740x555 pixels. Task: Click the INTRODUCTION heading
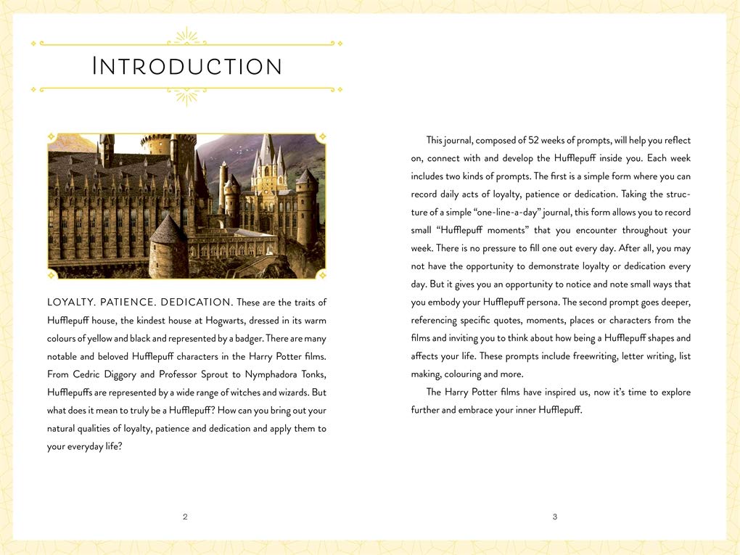pos(187,67)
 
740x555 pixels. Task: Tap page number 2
pos(185,517)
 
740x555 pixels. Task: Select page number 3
pos(555,517)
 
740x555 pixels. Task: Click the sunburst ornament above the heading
pos(187,36)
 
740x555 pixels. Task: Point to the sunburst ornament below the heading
pos(187,96)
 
